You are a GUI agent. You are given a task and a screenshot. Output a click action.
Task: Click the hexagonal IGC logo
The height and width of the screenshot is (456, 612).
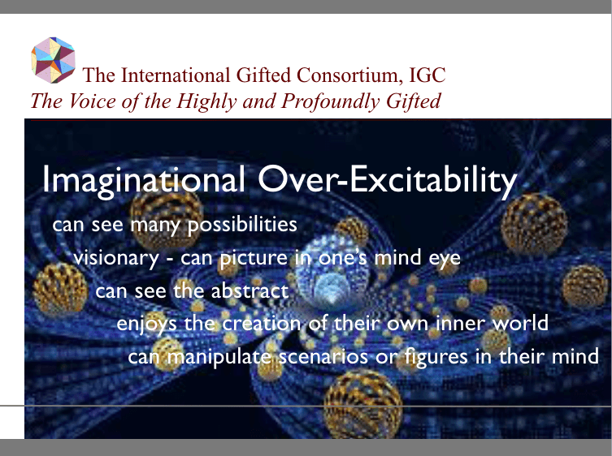point(53,60)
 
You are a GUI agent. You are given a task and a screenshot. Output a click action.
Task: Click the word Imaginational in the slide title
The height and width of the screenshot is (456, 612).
point(143,179)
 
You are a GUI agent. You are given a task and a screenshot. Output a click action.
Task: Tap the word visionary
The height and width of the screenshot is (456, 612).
point(116,258)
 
